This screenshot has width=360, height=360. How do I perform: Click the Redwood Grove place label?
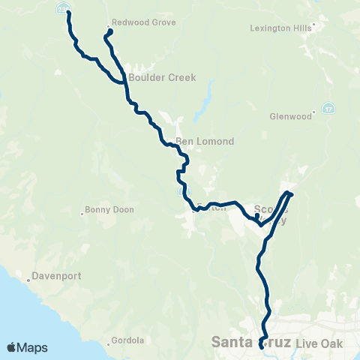143,22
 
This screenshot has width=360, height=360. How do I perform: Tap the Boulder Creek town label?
151,77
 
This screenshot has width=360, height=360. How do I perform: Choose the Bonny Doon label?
109,210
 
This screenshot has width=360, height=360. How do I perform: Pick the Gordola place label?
128,340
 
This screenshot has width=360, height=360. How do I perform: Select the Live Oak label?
318,343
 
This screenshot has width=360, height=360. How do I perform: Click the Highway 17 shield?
328,109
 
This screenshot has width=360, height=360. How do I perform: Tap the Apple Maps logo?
27,347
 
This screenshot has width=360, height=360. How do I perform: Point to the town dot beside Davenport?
28,280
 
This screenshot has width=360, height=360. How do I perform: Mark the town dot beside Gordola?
109,346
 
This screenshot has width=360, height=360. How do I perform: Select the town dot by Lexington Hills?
313,25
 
